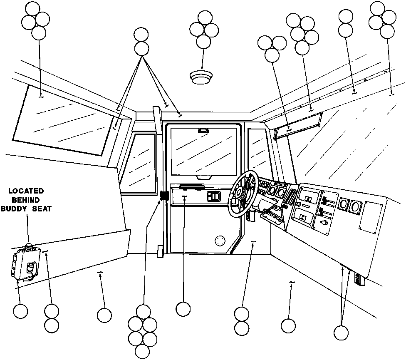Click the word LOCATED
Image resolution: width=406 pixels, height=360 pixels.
coord(26,191)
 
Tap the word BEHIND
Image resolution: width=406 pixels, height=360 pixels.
coord(26,200)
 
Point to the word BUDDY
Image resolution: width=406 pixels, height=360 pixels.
coord(14,209)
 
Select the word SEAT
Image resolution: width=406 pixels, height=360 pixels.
coord(42,209)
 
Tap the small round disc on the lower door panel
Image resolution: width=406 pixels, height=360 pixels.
coord(220,241)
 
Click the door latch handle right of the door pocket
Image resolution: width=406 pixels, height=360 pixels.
coord(214,196)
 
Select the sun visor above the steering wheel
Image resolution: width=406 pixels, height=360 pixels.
coord(298,126)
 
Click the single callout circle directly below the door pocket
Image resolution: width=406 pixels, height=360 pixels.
coord(183,309)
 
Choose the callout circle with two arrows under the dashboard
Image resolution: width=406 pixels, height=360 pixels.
coord(341,333)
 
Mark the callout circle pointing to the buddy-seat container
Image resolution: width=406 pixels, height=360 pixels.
coord(20,311)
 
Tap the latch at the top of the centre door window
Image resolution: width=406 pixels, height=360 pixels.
coord(203,130)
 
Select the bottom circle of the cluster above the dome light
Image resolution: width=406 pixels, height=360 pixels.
coord(203,42)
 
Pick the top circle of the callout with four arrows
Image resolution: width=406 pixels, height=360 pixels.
coord(141,35)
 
